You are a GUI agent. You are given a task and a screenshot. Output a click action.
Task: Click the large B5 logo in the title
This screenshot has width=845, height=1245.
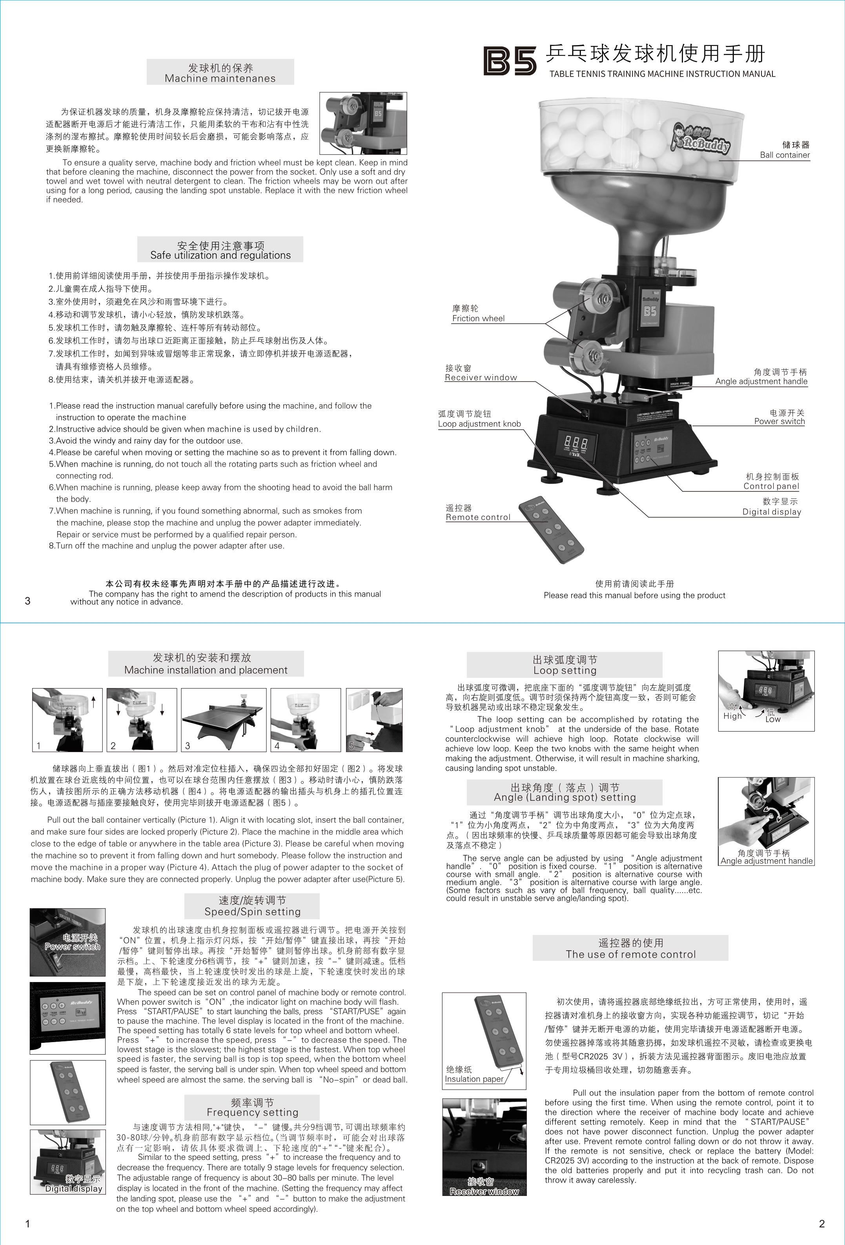pyautogui.click(x=510, y=60)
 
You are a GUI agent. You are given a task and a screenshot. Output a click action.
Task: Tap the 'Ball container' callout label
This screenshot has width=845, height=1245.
pyautogui.click(x=785, y=155)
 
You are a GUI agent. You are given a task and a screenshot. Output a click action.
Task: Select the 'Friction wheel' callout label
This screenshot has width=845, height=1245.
pyautogui.click(x=478, y=318)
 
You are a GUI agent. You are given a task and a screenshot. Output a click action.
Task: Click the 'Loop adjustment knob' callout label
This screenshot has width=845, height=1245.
pyautogui.click(x=479, y=424)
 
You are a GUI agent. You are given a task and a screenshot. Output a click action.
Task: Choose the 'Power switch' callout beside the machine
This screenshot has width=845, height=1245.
pyautogui.click(x=779, y=421)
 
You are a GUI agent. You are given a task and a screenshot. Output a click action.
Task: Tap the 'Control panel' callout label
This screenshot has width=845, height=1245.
pyautogui.click(x=771, y=486)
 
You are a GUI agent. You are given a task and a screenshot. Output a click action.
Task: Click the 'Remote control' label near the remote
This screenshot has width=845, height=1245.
pyautogui.click(x=478, y=517)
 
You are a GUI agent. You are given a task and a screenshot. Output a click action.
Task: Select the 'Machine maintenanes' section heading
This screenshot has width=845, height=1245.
pyautogui.click(x=220, y=78)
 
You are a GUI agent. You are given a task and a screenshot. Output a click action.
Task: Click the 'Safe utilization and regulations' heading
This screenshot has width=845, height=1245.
pyautogui.click(x=220, y=255)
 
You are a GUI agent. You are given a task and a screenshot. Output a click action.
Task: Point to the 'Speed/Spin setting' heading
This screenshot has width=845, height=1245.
pyautogui.click(x=252, y=911)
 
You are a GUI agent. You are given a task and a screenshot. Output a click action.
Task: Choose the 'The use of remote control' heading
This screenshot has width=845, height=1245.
pyautogui.click(x=631, y=954)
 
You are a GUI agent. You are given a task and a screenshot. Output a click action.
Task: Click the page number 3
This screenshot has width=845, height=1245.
pyautogui.click(x=28, y=601)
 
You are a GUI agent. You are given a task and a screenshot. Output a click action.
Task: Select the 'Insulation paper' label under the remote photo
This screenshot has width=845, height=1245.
pyautogui.click(x=474, y=1079)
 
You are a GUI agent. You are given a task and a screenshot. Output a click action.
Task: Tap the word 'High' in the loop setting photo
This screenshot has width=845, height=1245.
pyautogui.click(x=732, y=716)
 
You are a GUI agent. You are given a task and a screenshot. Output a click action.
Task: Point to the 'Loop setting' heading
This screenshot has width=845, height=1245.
pyautogui.click(x=565, y=670)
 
